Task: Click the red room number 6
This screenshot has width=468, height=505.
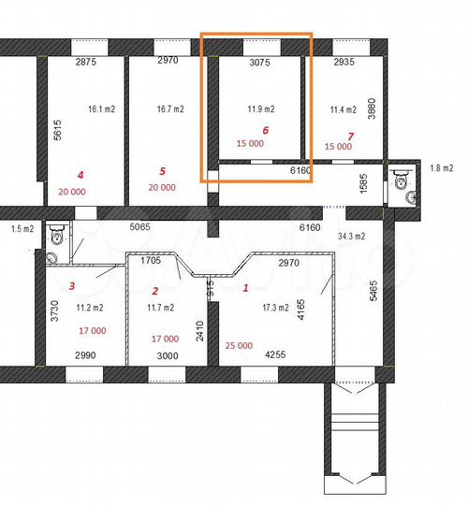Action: [x=266, y=130]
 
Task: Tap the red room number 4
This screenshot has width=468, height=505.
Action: [x=80, y=174]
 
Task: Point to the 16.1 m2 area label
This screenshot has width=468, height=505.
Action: [x=100, y=108]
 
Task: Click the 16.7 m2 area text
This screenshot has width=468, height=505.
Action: [x=170, y=108]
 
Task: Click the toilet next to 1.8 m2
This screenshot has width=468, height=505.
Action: [x=402, y=178]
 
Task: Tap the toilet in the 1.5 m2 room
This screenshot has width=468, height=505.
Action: [x=57, y=238]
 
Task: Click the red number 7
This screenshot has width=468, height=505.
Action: [x=351, y=137]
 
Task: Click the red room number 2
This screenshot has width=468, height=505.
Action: [x=154, y=291]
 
